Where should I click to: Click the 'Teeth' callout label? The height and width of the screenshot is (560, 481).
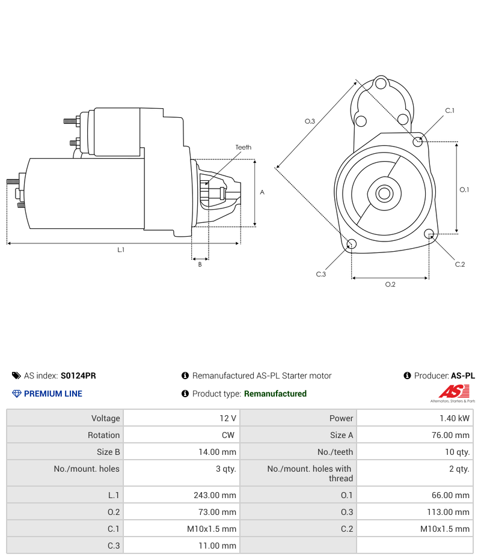[243, 147]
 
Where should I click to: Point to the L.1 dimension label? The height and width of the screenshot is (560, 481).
[121, 249]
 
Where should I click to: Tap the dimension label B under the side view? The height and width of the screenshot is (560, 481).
[200, 264]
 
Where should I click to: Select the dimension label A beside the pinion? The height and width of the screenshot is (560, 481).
[262, 192]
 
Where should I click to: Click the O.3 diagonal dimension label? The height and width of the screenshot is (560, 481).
[310, 121]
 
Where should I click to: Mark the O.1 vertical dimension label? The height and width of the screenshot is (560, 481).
[464, 189]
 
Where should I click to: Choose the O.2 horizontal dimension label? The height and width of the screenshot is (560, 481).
[390, 284]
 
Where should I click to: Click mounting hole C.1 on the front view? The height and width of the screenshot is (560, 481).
[418, 141]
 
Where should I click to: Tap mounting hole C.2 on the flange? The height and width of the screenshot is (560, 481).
[429, 234]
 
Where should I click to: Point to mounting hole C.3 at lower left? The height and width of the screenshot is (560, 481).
[352, 244]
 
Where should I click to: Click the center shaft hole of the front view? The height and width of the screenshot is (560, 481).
[384, 193]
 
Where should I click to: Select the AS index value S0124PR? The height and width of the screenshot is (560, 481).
[78, 376]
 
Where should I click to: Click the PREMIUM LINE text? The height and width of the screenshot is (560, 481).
[53, 394]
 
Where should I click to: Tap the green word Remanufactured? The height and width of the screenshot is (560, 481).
[275, 394]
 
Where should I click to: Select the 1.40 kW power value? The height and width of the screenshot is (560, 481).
[455, 418]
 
